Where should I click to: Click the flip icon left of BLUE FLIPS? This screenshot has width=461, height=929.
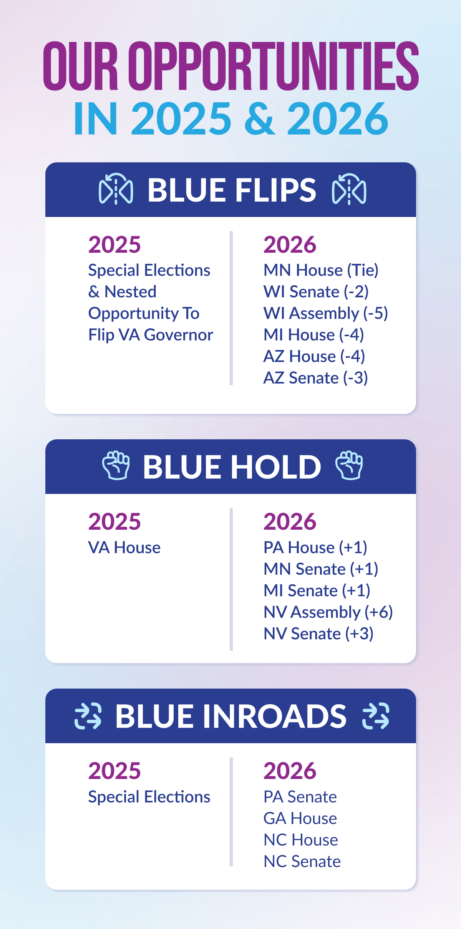[116, 189]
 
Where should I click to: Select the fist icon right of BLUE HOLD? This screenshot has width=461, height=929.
[349, 465]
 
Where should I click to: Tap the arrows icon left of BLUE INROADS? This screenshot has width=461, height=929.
[88, 716]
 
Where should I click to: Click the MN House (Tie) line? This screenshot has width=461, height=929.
[321, 270]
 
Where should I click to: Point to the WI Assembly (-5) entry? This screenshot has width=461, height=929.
[326, 314]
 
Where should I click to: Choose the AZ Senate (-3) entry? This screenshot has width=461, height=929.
[316, 378]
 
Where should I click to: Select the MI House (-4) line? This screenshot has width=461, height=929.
[314, 335]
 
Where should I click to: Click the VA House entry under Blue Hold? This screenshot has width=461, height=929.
[124, 547]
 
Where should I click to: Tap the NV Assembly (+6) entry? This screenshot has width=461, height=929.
[328, 612]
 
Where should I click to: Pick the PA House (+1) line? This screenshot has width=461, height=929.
[315, 547]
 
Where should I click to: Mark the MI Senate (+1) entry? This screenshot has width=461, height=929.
[317, 590]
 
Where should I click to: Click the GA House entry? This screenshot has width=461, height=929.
[300, 818]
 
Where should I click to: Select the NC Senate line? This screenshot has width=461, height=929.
[302, 861]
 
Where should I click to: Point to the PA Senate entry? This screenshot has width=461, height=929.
[300, 797]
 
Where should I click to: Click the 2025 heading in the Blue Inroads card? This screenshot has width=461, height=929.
[114, 771]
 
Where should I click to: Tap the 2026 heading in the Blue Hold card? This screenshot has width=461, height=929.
[290, 522]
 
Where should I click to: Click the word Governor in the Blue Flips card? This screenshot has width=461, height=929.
[179, 335]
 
